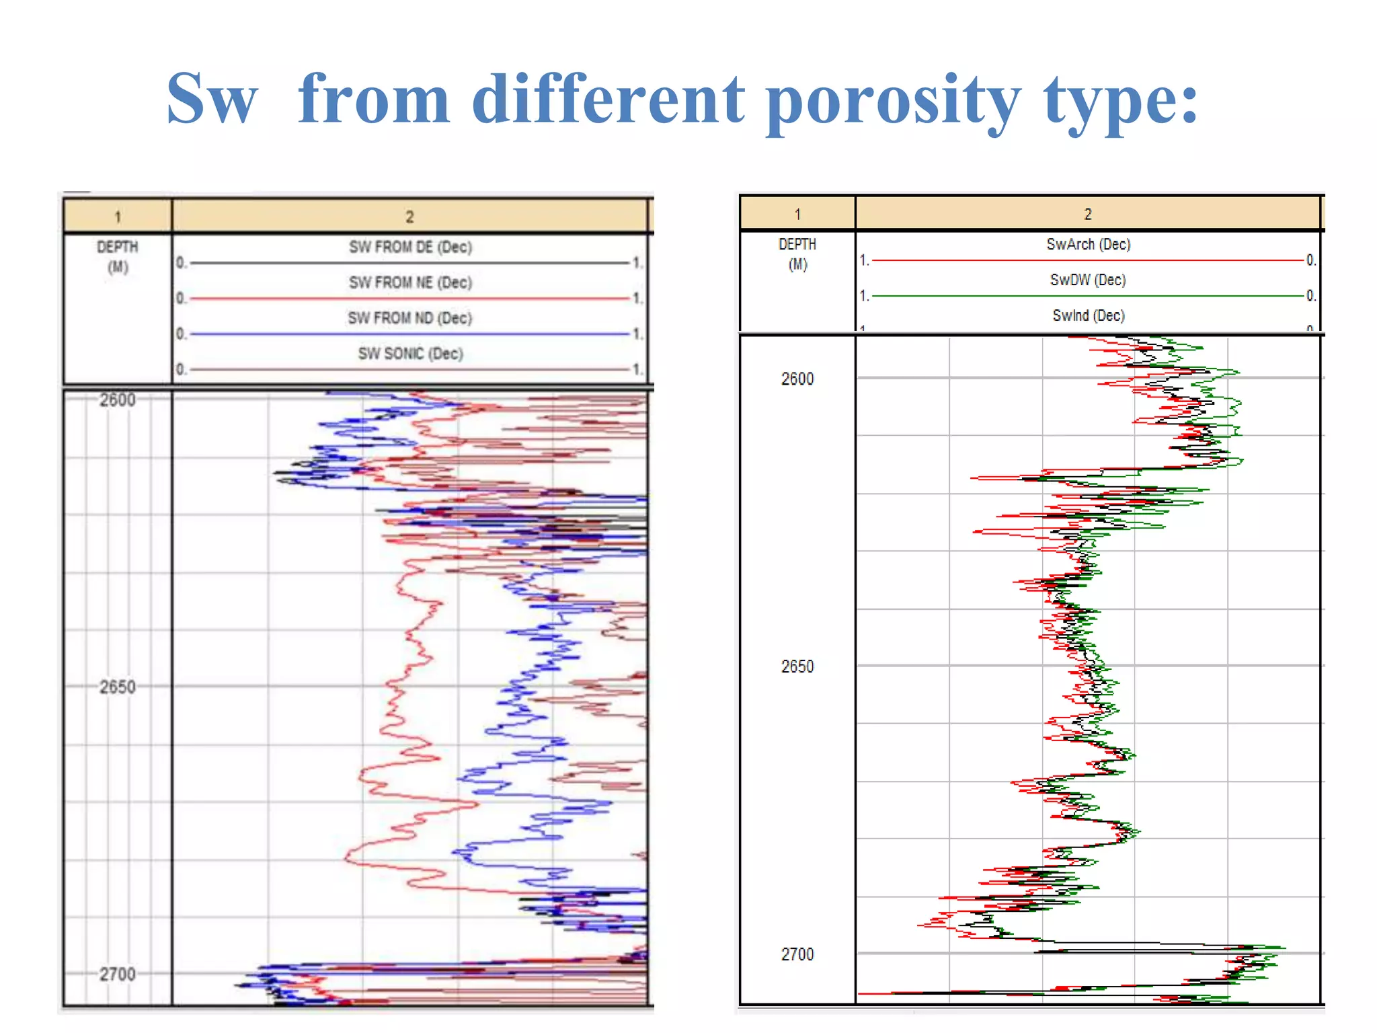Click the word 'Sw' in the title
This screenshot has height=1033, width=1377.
coord(212,100)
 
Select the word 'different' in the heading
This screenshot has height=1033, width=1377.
coord(608,100)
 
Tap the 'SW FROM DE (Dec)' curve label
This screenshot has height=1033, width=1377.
coord(410,247)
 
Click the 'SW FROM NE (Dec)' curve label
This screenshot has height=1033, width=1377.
coord(410,282)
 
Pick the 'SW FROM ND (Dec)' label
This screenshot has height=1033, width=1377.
coord(410,318)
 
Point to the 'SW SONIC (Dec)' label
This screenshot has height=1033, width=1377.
coord(410,354)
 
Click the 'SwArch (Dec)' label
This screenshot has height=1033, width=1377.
coord(1088,244)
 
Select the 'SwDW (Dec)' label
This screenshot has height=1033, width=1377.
coord(1088,280)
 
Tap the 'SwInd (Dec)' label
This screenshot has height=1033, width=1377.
coord(1088,315)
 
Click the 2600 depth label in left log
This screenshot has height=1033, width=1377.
coord(118,400)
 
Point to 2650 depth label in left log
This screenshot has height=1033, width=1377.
coord(118,687)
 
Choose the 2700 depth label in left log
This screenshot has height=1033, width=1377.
coord(118,974)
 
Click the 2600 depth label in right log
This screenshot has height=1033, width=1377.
coord(797,379)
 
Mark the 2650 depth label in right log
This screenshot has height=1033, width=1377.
coord(797,666)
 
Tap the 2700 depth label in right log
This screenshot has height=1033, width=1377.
coord(797,954)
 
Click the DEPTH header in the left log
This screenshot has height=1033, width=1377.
coord(118,247)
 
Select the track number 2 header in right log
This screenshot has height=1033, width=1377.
coord(1087,214)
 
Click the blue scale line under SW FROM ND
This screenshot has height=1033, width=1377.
coord(410,334)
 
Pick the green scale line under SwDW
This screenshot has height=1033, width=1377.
coord(1088,295)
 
